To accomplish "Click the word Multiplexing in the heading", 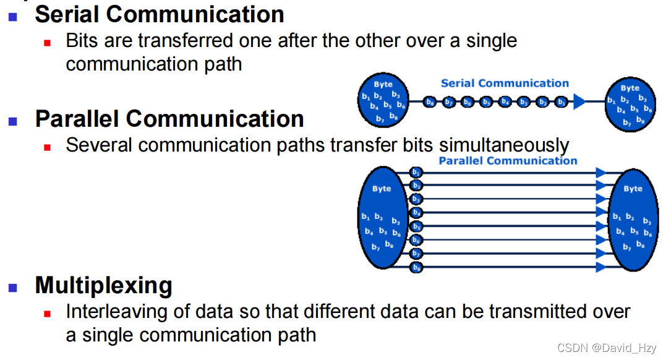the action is click(103, 285).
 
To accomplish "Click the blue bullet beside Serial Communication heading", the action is click(13, 17).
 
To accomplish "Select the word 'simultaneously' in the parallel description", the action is click(504, 145).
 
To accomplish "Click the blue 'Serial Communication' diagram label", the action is click(505, 83).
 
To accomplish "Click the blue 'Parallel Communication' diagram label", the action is click(508, 161).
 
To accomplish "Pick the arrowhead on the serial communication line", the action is click(579, 102).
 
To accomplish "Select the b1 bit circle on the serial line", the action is click(561, 102).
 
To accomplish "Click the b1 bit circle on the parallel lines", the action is click(417, 172).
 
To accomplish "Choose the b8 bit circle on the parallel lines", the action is click(417, 267).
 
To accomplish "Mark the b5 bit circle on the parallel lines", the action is click(417, 226).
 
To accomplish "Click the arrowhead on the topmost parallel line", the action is click(600, 172).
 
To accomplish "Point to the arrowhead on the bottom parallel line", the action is click(600, 267).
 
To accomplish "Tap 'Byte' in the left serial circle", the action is click(383, 84).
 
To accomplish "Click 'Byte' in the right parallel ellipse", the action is click(633, 189).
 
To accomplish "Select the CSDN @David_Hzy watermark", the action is click(607, 348).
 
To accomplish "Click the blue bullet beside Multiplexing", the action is click(13, 287).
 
